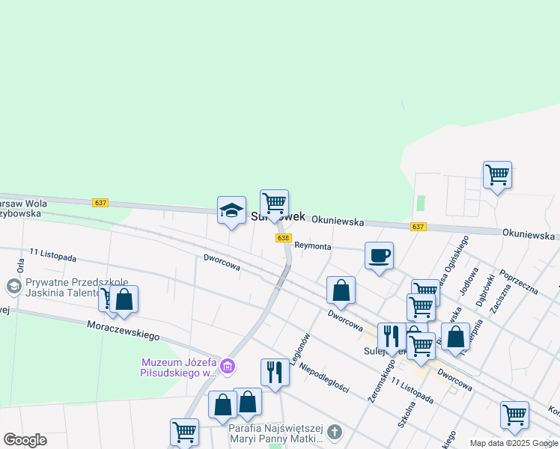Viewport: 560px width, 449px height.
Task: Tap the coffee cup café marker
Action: (379, 256)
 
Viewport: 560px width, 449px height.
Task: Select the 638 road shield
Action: (283, 238)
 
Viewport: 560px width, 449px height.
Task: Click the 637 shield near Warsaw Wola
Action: (100, 203)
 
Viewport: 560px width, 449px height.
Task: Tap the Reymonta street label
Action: (312, 245)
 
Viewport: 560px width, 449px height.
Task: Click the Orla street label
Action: (20, 266)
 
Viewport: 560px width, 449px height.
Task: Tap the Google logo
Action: (25, 440)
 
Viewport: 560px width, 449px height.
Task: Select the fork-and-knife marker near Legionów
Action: (275, 372)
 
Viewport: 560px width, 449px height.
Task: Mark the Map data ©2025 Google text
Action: (514, 443)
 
